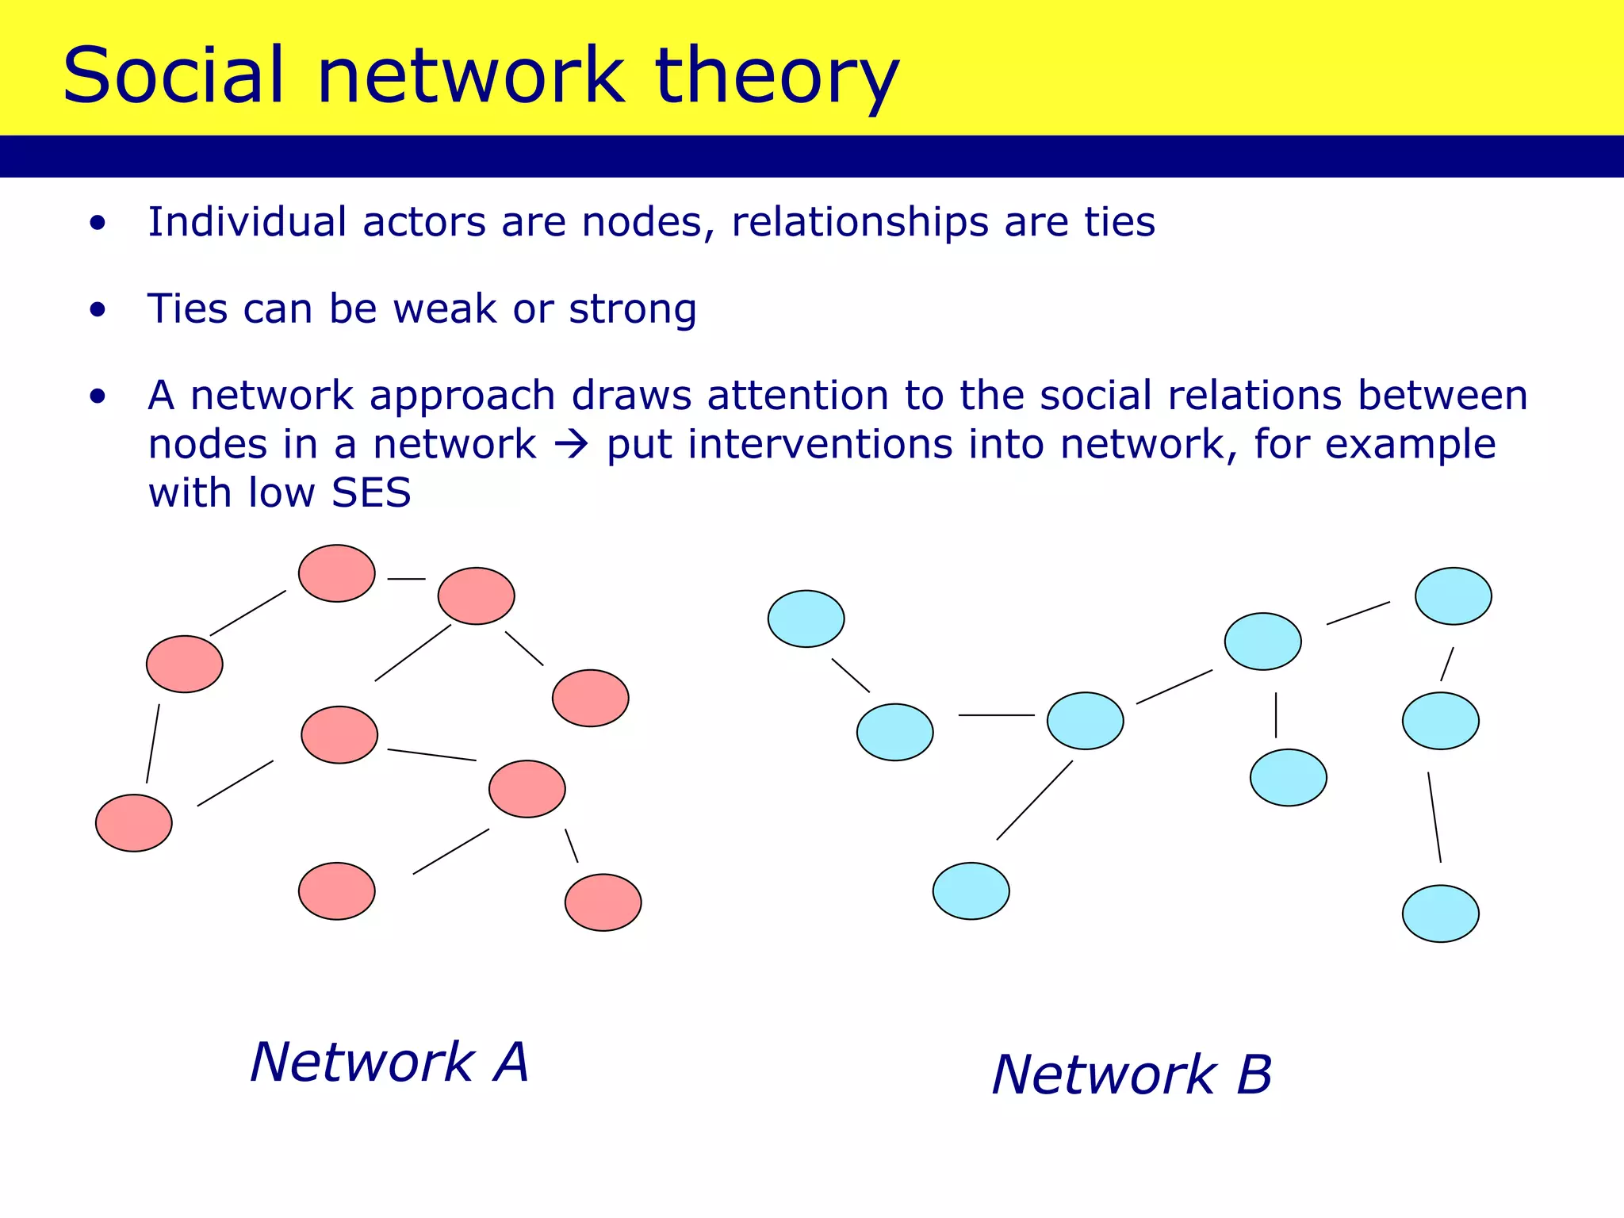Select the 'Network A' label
click(x=389, y=1062)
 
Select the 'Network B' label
click(x=1132, y=1075)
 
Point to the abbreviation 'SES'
click(x=371, y=492)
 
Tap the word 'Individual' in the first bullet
click(x=247, y=222)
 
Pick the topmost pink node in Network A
click(x=337, y=573)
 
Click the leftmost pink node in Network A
click(x=134, y=823)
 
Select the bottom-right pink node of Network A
click(x=603, y=902)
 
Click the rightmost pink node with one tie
click(x=591, y=698)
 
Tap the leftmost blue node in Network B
click(x=806, y=619)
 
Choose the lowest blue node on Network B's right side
click(x=1441, y=913)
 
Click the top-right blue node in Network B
click(x=1454, y=596)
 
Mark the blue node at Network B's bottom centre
click(x=971, y=891)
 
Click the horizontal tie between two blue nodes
click(x=996, y=715)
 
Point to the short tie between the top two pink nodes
click(x=406, y=579)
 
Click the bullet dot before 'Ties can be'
click(x=98, y=310)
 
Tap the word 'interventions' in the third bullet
click(x=820, y=445)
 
